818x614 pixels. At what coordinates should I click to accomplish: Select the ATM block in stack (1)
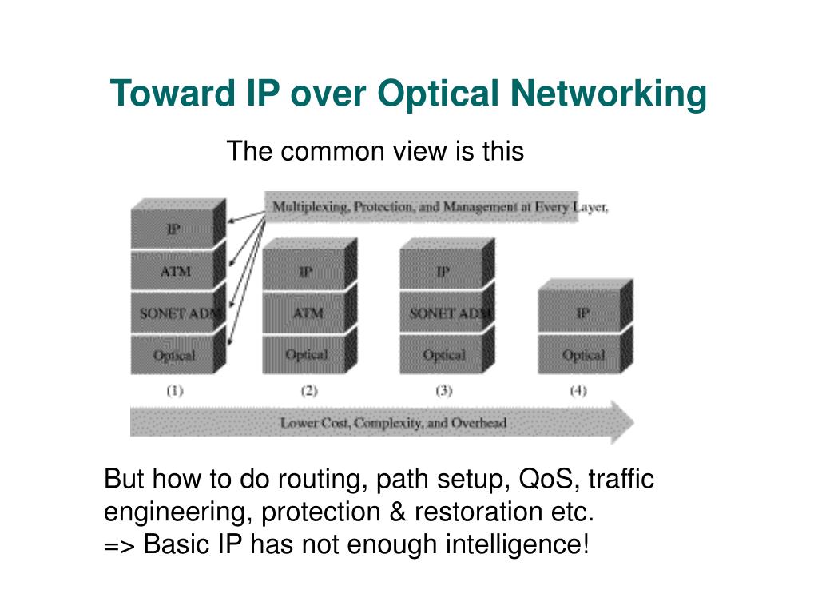(175, 271)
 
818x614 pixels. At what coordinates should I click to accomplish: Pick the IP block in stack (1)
(173, 229)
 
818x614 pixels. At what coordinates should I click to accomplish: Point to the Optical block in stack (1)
(174, 355)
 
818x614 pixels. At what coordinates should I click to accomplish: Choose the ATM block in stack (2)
(307, 313)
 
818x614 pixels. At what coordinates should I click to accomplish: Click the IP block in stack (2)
(306, 272)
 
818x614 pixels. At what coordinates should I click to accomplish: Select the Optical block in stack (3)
(444, 355)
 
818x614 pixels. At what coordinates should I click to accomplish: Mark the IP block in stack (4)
(582, 313)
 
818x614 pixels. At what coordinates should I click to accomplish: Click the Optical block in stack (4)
(583, 355)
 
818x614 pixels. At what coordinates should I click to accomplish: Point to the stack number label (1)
(174, 391)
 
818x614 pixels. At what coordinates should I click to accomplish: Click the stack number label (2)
(309, 391)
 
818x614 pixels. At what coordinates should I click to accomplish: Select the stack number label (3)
(444, 391)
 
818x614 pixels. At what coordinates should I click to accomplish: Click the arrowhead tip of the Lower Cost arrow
(633, 422)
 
